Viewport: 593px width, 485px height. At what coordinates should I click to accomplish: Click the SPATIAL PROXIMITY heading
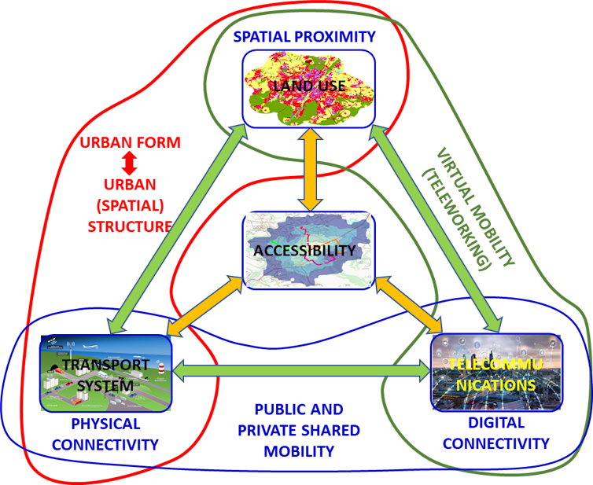click(305, 36)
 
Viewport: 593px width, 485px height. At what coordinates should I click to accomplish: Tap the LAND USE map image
click(308, 88)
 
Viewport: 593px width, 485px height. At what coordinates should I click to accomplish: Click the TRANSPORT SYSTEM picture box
click(105, 373)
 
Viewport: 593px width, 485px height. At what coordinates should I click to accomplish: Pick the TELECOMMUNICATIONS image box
click(495, 373)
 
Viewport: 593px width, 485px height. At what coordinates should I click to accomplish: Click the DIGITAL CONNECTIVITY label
click(495, 434)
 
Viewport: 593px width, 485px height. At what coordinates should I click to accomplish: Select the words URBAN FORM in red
click(131, 143)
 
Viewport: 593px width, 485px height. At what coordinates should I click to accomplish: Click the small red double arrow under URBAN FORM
click(131, 164)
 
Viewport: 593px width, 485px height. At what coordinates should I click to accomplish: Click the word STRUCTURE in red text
click(131, 227)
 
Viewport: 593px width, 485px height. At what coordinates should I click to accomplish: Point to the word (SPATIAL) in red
click(131, 206)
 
